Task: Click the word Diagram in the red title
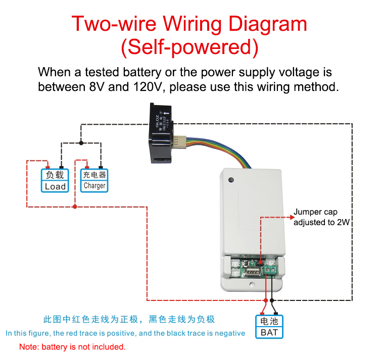[x=268, y=24]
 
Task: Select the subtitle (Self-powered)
[x=189, y=47]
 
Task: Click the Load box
[x=55, y=181]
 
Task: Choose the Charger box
[x=94, y=180]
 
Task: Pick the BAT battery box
[x=269, y=327]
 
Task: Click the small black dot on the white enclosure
[x=231, y=180]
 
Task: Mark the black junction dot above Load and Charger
[x=81, y=142]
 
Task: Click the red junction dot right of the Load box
[x=75, y=206]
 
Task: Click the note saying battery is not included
[x=72, y=347]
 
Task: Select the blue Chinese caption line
[x=129, y=319]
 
